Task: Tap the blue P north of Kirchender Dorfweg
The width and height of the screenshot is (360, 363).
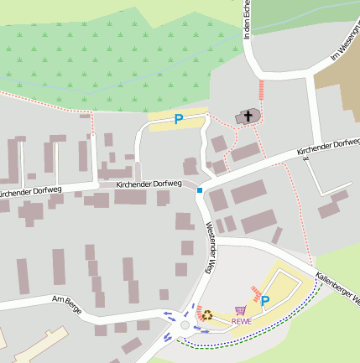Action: [178, 120]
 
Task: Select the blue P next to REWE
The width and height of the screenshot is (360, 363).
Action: [265, 301]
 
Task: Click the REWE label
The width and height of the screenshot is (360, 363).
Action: [242, 320]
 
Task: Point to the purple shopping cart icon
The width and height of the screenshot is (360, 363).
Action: [241, 309]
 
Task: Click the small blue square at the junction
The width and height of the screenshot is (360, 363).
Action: [200, 190]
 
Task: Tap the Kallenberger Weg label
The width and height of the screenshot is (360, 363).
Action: [338, 288]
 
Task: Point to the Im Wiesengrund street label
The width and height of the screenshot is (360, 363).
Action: [345, 41]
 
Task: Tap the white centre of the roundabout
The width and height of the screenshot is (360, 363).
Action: [184, 324]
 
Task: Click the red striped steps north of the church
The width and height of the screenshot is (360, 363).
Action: [261, 89]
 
